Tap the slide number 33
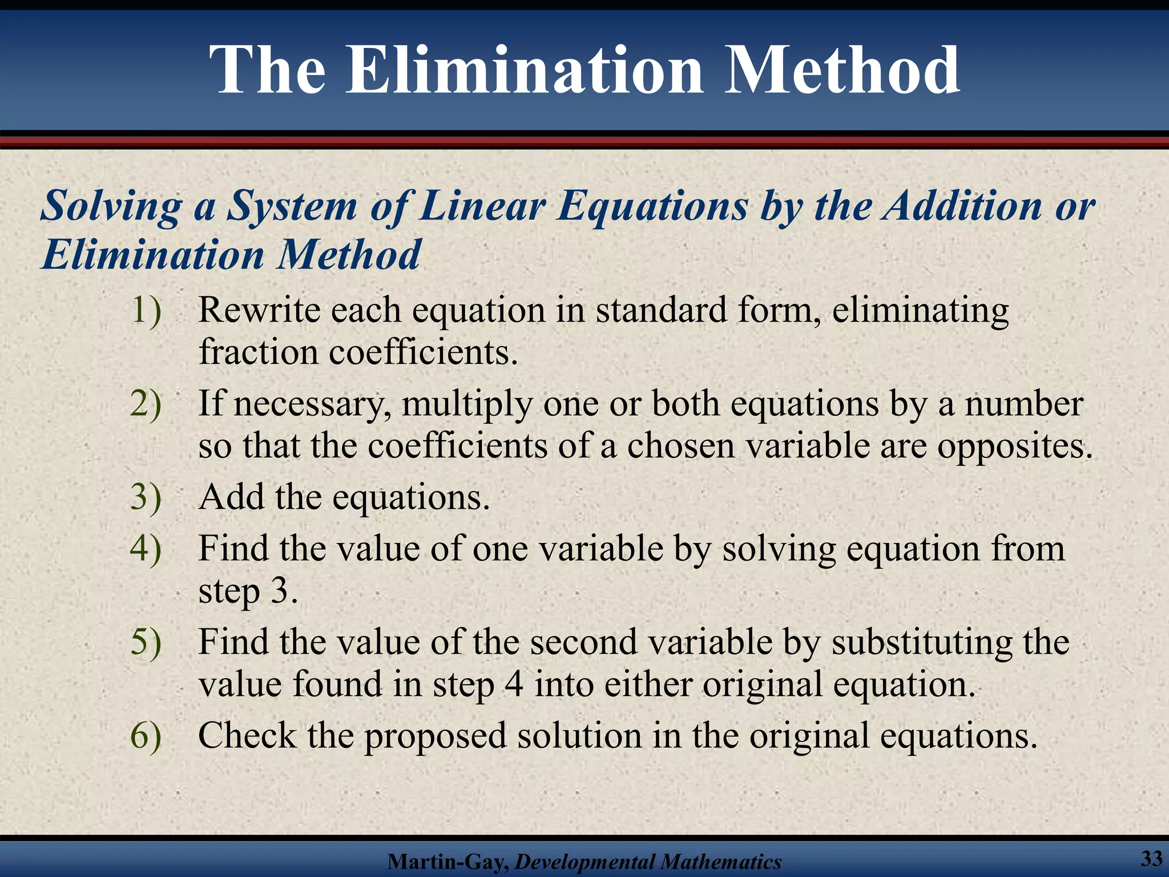[1151, 858]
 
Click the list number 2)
[146, 404]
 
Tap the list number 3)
[146, 497]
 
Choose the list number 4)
[146, 549]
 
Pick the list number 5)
[146, 642]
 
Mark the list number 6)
[146, 735]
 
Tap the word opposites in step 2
[1014, 446]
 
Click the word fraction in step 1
[257, 352]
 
